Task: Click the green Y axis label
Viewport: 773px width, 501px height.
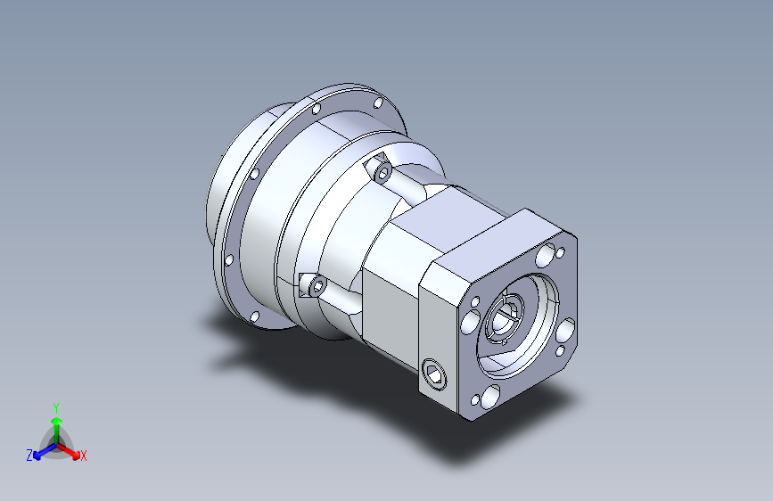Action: click(56, 408)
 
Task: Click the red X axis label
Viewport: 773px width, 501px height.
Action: click(83, 456)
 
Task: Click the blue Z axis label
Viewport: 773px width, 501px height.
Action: click(29, 456)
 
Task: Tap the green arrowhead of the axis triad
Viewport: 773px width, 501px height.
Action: click(57, 421)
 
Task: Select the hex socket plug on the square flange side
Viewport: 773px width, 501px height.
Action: click(434, 374)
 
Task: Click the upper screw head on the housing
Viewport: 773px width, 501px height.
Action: click(382, 172)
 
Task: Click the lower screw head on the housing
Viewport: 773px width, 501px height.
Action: click(317, 286)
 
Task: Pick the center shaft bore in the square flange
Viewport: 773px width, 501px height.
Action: click(504, 317)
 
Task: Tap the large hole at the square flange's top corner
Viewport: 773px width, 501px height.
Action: click(546, 254)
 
